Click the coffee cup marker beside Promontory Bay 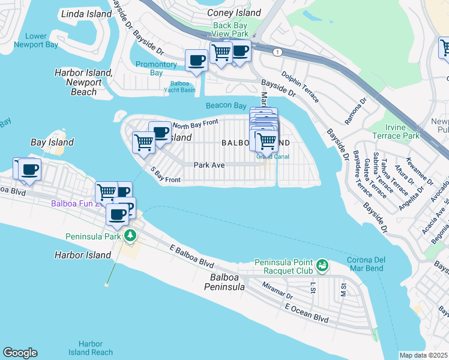coord(196,60)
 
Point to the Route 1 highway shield coord(277,53)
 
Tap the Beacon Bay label coord(226,106)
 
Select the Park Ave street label coord(208,164)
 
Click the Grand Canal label coord(273,157)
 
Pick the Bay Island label coord(52,142)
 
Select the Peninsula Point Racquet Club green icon coord(322,265)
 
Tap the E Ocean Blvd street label coord(307,313)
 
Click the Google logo coord(20,353)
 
